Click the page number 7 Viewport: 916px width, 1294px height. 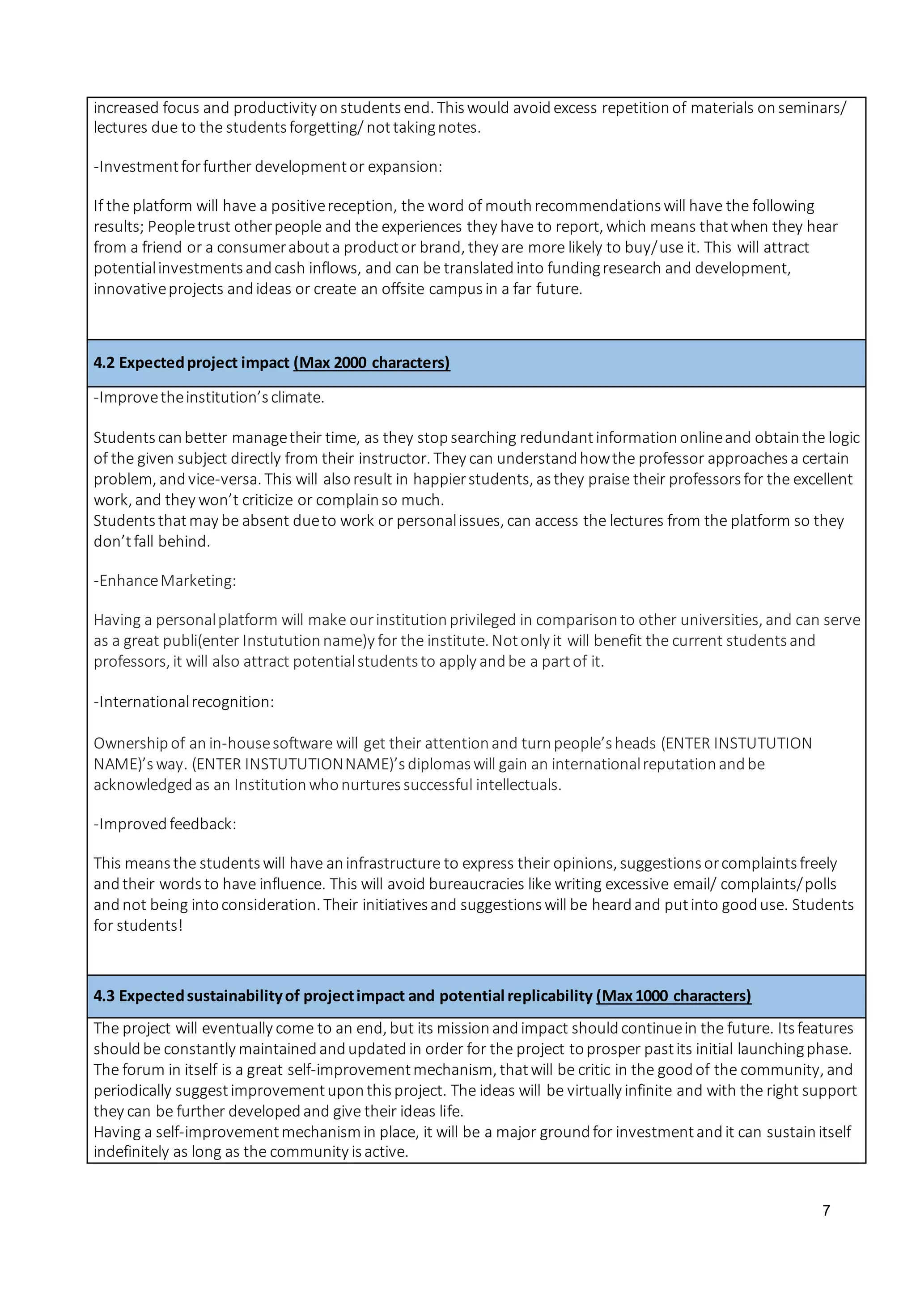click(x=826, y=1210)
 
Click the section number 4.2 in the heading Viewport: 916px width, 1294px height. click(x=104, y=362)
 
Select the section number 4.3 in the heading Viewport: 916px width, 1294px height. click(x=104, y=996)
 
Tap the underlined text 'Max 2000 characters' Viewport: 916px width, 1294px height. click(x=372, y=362)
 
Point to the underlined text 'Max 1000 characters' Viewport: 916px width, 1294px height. click(x=674, y=996)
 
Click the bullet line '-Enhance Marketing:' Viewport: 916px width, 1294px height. click(x=165, y=580)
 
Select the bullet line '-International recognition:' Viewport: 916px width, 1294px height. click(x=184, y=702)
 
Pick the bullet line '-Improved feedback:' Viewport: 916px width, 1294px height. click(x=165, y=824)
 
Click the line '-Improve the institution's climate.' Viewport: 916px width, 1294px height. click(x=209, y=397)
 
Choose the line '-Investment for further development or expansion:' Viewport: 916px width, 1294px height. click(x=268, y=167)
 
